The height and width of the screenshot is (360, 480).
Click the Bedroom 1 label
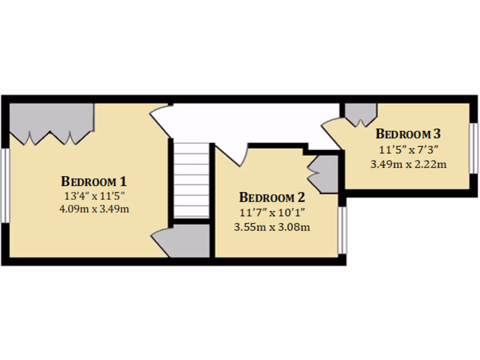[x=94, y=181]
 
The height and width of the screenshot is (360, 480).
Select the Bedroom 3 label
[x=408, y=134]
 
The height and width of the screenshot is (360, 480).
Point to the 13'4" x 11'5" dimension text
[x=94, y=195]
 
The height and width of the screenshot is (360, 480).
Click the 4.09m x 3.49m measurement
[x=94, y=209]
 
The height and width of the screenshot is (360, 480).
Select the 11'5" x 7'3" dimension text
[x=408, y=150]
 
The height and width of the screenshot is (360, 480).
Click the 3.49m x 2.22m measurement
[x=408, y=164]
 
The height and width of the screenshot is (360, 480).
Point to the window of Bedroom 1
[x=5, y=185]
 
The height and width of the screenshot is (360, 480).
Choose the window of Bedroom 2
[x=343, y=230]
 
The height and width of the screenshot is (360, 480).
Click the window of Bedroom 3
[x=474, y=148]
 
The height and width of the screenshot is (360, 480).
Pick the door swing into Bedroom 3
[x=333, y=134]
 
